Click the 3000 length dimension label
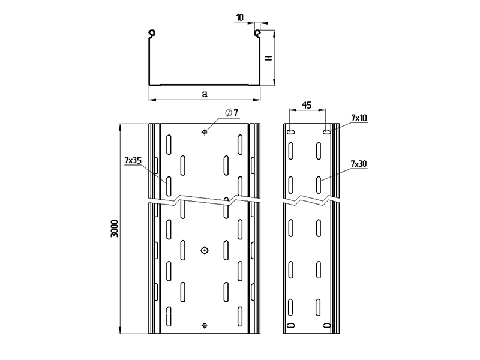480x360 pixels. [x=115, y=229]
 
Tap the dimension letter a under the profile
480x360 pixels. [x=205, y=94]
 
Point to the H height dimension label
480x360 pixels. [x=268, y=58]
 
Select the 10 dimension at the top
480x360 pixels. [x=240, y=17]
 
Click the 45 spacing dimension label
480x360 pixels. [x=307, y=105]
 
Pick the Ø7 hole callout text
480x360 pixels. [x=232, y=113]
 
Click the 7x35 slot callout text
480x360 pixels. [x=133, y=160]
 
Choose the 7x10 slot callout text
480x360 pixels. [x=359, y=118]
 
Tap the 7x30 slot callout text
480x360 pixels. [x=359, y=164]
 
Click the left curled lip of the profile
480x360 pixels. [x=152, y=34]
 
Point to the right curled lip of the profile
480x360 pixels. [x=258, y=34]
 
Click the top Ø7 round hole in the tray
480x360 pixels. [x=205, y=132]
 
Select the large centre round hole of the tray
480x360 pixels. [x=205, y=250]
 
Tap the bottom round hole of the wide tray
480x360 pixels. [x=205, y=325]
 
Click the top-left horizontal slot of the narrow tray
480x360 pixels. [x=291, y=132]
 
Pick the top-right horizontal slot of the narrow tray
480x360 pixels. [x=326, y=132]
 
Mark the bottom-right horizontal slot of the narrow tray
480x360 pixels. [x=326, y=325]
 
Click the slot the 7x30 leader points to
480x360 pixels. [x=319, y=185]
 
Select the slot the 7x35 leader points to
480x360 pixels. [x=169, y=186]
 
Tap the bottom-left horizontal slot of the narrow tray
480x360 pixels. [x=291, y=325]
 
